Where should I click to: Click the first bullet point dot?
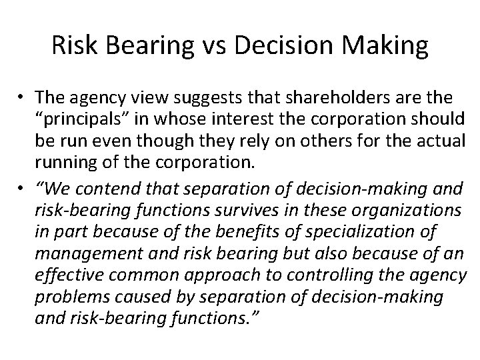coord(21,99)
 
